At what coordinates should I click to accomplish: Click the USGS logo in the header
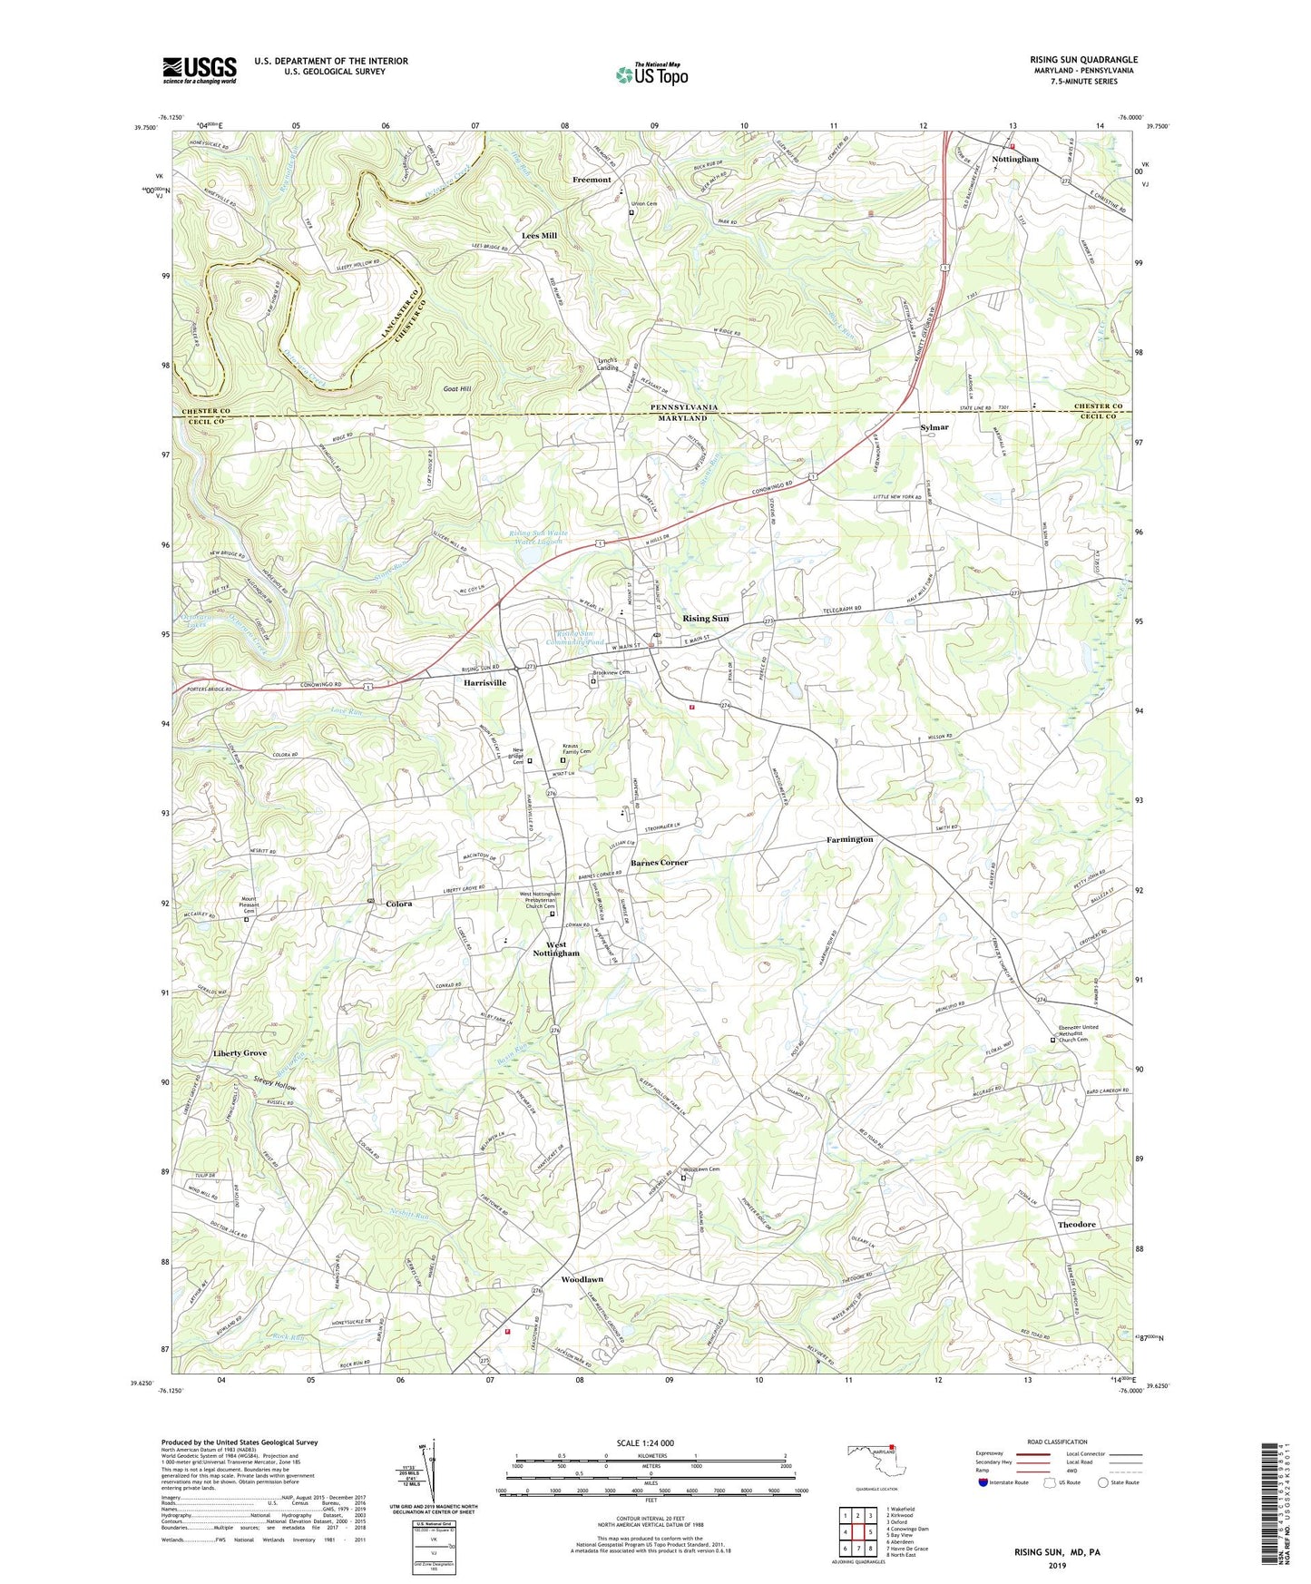200,70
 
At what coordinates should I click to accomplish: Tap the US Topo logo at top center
651,74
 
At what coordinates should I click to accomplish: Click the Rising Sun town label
705,619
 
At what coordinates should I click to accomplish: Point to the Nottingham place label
1014,159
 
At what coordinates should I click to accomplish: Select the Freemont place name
592,180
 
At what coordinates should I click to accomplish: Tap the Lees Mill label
539,236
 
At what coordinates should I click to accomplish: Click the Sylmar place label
934,426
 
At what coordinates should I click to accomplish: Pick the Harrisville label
484,682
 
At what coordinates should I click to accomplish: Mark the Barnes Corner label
660,863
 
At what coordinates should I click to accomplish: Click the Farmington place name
849,840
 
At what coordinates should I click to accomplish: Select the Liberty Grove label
240,1053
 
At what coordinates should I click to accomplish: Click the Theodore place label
1076,1225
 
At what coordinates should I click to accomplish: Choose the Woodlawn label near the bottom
582,1280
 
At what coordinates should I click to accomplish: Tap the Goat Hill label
456,388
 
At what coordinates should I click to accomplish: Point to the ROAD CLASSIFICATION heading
1056,1442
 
